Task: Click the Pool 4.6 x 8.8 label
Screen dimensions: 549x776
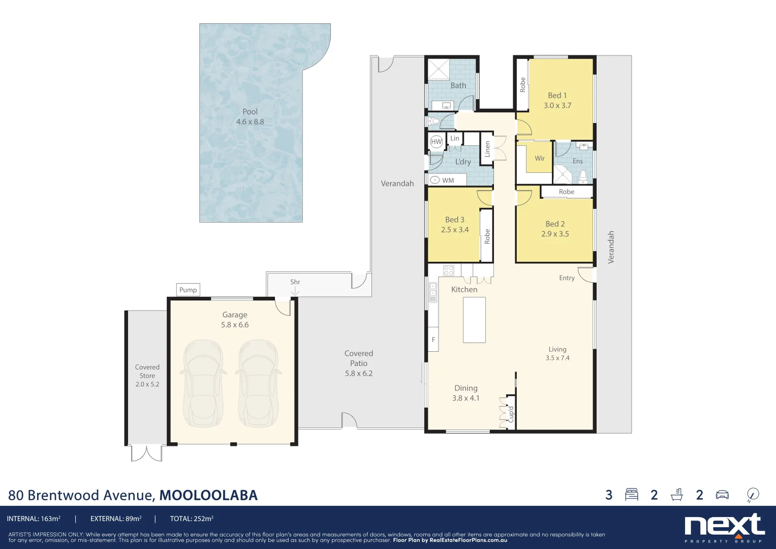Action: point(250,116)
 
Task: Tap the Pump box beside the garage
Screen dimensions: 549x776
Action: point(188,290)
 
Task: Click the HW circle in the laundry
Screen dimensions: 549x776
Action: point(437,142)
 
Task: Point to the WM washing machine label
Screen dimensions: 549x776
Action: point(448,180)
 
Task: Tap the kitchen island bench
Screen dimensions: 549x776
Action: point(474,320)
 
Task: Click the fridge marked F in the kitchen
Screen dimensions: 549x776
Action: point(433,340)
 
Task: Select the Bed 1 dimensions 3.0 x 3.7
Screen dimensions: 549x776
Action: point(557,106)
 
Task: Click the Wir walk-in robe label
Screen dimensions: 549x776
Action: point(539,159)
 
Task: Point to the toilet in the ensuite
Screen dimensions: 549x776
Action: point(583,176)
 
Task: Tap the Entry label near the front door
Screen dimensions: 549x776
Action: point(567,278)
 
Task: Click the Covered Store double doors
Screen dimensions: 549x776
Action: point(146,453)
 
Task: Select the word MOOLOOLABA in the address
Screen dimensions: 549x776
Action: point(208,495)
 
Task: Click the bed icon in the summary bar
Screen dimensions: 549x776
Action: point(632,495)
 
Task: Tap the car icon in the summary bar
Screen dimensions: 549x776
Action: point(722,495)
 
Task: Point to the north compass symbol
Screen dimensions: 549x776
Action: point(753,495)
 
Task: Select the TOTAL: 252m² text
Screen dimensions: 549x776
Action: point(192,519)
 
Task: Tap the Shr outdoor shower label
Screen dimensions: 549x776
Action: point(295,282)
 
